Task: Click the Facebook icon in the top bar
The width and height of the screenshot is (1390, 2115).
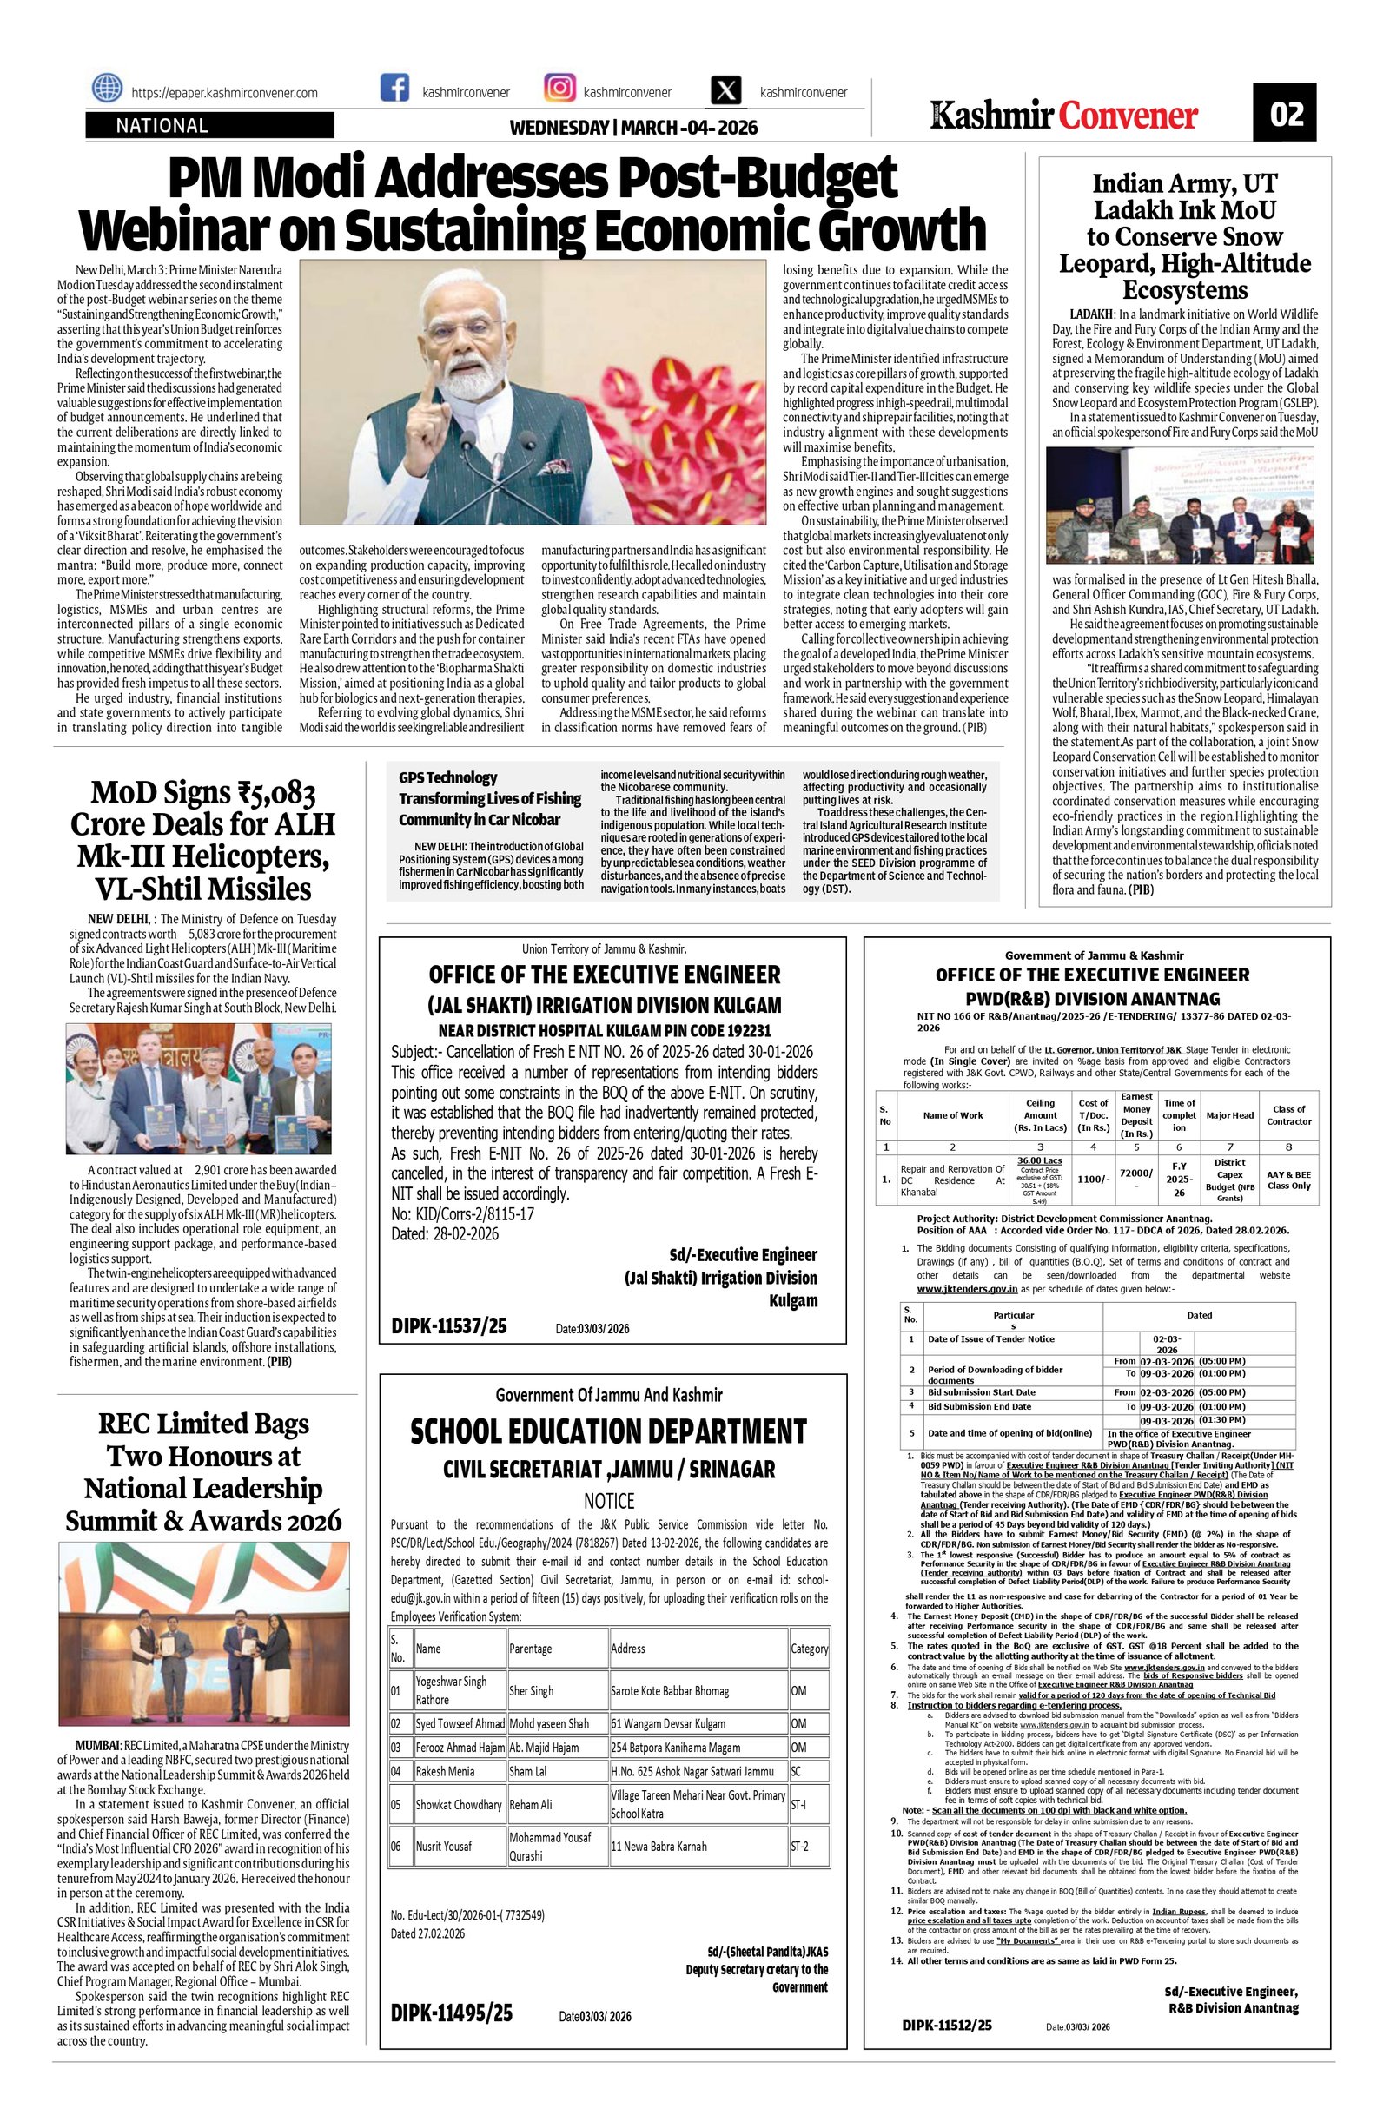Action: (x=394, y=89)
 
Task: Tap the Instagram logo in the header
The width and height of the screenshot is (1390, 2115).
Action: (x=559, y=89)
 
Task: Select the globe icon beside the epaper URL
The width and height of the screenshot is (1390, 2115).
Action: (x=108, y=89)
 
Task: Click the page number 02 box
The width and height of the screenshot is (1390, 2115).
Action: (x=1286, y=114)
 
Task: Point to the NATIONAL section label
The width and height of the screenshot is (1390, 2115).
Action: (x=162, y=126)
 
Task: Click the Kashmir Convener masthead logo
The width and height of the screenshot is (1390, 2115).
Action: (x=1065, y=115)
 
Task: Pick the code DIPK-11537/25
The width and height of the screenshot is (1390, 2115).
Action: (x=449, y=1325)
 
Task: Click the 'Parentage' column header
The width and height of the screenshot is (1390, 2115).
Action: (x=531, y=1649)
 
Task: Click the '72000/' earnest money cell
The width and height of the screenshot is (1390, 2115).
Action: (x=1135, y=1174)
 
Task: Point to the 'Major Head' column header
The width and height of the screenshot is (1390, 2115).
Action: (x=1229, y=1115)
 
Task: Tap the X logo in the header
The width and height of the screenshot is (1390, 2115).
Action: (x=726, y=91)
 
